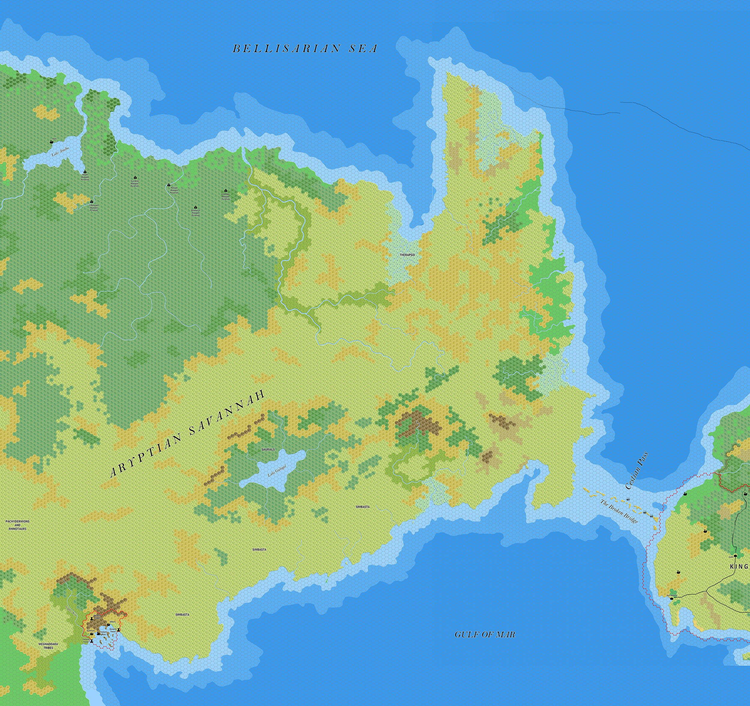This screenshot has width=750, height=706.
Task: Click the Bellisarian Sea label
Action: pyautogui.click(x=305, y=49)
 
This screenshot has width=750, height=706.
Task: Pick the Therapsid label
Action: pyautogui.click(x=407, y=255)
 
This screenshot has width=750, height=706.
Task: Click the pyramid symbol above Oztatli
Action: pyautogui.click(x=85, y=170)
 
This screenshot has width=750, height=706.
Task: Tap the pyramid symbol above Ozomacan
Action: pyautogui.click(x=195, y=207)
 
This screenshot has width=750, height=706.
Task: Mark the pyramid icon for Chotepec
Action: pyautogui.click(x=226, y=191)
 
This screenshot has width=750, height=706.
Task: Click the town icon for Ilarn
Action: pyautogui.click(x=51, y=142)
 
